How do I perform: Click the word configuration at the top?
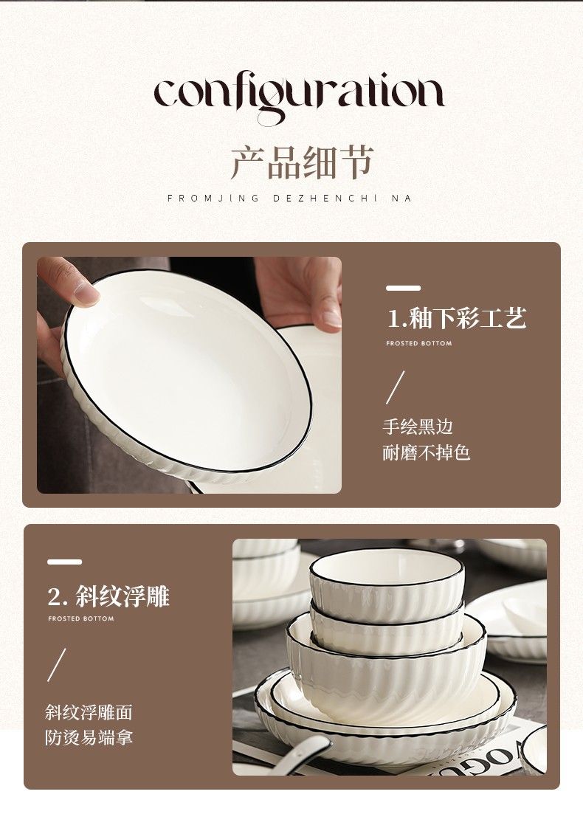[298, 97]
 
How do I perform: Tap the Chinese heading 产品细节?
[302, 162]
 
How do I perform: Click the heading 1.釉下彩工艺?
[457, 318]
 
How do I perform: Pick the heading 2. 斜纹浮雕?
[108, 596]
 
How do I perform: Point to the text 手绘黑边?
[418, 427]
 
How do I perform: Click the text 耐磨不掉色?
[427, 452]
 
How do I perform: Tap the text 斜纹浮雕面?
[89, 711]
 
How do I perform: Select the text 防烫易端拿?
[89, 737]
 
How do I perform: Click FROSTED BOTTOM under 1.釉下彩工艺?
[419, 343]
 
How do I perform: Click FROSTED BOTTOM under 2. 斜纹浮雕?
[81, 618]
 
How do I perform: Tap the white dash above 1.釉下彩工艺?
[404, 288]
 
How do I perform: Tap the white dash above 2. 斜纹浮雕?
[65, 562]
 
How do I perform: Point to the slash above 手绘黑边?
[395, 387]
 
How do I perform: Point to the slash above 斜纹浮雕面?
[57, 665]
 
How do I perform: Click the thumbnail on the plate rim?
[86, 293]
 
